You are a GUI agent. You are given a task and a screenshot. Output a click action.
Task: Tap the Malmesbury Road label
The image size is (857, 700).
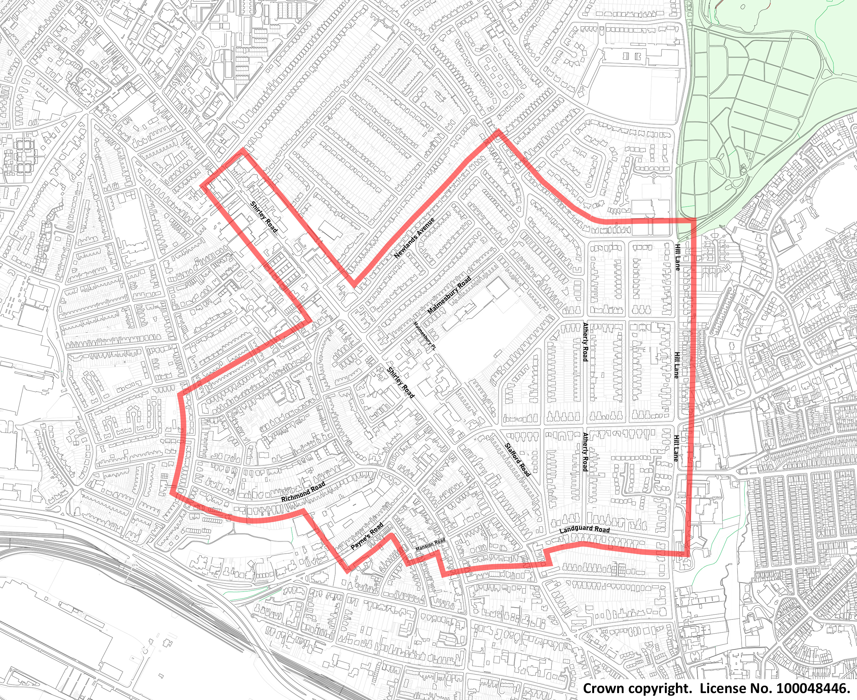(449, 295)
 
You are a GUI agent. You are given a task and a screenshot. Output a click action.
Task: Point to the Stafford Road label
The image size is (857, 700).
(517, 460)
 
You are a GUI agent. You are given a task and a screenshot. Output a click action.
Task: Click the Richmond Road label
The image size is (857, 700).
(303, 492)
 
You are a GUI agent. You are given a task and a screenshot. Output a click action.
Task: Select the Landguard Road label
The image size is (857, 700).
(585, 529)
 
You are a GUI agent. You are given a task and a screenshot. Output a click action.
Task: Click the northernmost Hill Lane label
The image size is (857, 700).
(677, 257)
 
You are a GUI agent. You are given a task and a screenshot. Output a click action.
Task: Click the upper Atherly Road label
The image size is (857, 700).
(585, 342)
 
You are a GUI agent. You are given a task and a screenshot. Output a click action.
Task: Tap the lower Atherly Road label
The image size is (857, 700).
(585, 452)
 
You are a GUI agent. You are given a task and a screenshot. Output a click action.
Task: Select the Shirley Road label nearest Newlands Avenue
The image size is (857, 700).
(264, 217)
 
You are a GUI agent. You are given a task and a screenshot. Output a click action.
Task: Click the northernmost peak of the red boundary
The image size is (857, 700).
(499, 131)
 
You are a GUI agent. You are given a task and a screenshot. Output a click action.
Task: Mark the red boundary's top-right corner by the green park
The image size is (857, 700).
(695, 220)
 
